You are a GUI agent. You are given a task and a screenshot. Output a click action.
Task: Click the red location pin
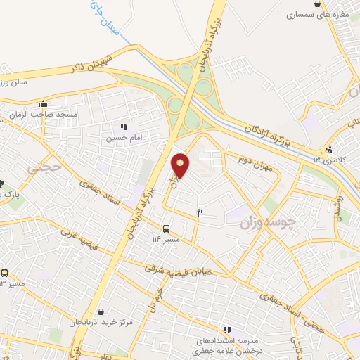tap(181, 166)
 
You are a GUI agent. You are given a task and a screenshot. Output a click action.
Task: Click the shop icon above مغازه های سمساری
tap(317, 4)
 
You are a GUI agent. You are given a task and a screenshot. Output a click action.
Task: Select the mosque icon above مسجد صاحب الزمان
tap(44, 103)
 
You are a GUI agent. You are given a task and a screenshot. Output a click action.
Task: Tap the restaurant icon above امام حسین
tap(124, 127)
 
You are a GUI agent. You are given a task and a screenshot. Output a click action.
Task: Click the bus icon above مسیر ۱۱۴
tap(167, 229)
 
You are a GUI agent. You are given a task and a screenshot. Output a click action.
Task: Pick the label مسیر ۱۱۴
tap(167, 240)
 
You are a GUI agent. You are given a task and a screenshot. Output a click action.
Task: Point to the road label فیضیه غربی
tap(79, 240)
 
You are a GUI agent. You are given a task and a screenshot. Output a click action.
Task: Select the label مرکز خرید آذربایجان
tap(101, 322)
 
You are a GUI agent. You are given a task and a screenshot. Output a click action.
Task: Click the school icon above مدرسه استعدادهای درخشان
tap(227, 329)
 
